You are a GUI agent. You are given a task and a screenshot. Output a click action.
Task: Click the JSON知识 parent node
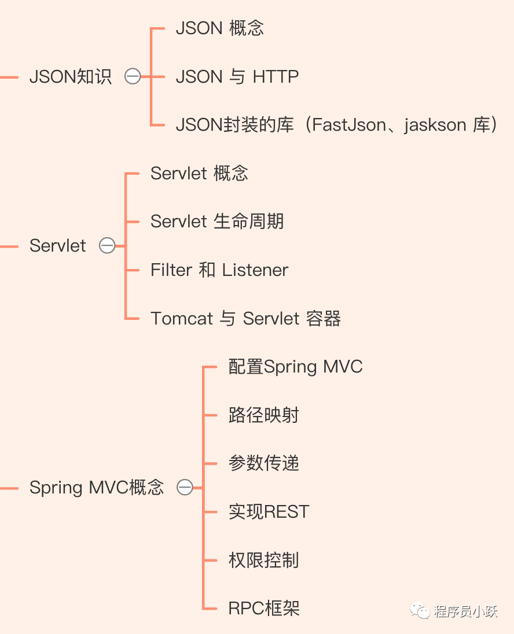pos(71,76)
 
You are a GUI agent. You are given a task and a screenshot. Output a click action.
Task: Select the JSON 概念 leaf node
pos(220,28)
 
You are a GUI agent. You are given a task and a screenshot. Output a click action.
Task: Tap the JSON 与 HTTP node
pos(237,76)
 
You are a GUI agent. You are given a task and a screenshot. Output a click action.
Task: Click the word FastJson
pos(349,124)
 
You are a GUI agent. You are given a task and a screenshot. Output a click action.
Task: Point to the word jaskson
pos(435,125)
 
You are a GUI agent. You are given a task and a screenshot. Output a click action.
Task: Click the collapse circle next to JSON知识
pos(133,76)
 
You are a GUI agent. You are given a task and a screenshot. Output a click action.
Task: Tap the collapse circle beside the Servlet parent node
pos(107,245)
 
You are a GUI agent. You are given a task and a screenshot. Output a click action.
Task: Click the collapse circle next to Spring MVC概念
pos(185,487)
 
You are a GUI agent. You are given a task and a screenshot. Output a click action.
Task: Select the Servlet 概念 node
pos(199,173)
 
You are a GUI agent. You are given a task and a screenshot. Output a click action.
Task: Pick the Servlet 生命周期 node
pos(217,221)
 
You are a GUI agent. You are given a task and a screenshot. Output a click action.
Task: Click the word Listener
pos(255,270)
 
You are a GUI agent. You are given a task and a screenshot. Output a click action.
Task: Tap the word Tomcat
pos(182,318)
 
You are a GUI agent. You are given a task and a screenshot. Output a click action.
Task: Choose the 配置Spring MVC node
pos(295,367)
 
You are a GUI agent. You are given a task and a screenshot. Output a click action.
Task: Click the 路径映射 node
pos(263,415)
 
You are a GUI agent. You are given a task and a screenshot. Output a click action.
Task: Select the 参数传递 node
pos(263,463)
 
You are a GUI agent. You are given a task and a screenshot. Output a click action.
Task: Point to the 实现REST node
pos(269,511)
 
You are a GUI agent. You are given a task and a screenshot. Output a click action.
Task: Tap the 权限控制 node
pos(263,560)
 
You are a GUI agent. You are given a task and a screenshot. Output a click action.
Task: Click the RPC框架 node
pos(264,608)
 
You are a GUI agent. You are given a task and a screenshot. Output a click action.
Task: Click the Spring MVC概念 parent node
pos(97,488)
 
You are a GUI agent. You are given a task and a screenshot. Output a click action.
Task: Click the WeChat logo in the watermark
pos(420,611)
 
